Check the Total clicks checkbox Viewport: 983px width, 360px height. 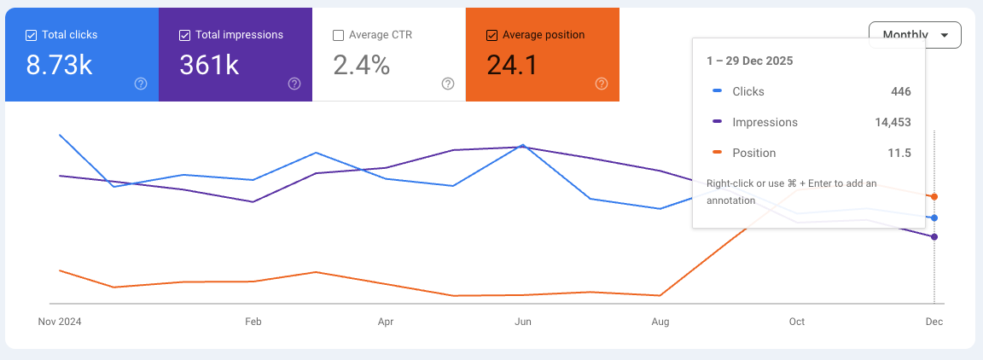click(32, 35)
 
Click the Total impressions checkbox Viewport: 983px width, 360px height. click(185, 35)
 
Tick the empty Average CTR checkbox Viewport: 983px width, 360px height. click(339, 35)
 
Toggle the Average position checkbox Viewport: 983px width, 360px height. click(491, 35)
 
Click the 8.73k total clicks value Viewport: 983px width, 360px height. click(59, 65)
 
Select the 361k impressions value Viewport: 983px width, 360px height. click(209, 65)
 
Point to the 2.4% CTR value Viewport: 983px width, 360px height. click(361, 65)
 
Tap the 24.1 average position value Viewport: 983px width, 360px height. click(512, 65)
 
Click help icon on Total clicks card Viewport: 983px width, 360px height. click(141, 84)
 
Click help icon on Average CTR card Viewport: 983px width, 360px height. click(448, 84)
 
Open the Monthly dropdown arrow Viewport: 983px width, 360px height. click(944, 35)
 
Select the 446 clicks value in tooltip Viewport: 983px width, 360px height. click(900, 91)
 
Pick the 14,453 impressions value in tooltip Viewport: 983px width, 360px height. click(893, 122)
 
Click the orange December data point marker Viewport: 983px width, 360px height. click(934, 197)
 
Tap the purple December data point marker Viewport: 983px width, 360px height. click(934, 237)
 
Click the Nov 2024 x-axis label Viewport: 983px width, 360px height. click(59, 322)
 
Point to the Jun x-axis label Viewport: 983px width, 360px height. click(523, 322)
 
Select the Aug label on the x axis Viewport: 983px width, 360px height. click(660, 322)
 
